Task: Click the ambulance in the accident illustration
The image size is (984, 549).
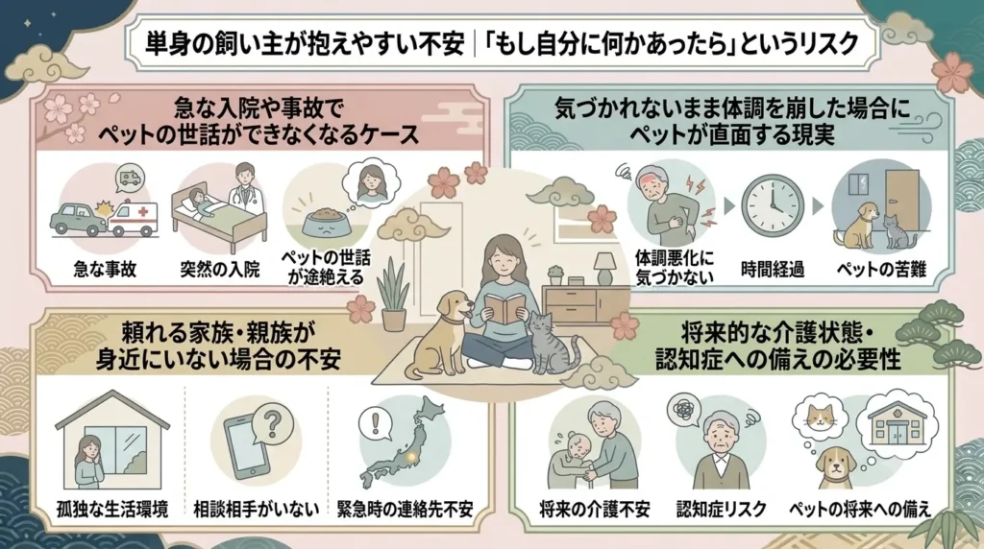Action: click(133, 220)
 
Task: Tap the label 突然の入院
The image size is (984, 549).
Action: click(220, 270)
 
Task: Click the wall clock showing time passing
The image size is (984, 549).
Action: click(772, 206)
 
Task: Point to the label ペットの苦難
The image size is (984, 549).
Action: click(882, 270)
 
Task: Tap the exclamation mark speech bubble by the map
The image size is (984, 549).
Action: click(376, 424)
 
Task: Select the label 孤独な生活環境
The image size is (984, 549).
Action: click(112, 510)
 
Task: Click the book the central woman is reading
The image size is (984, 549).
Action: click(505, 308)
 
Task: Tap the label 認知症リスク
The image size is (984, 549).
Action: click(721, 509)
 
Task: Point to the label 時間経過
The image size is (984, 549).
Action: click(773, 270)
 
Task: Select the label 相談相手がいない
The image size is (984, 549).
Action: click(256, 510)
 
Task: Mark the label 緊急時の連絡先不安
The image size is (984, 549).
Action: click(405, 509)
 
